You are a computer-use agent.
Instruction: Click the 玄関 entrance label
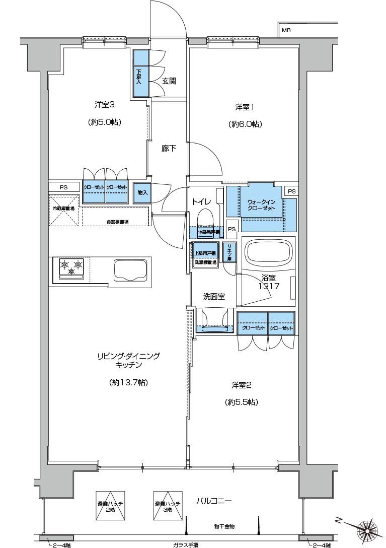pos(169,81)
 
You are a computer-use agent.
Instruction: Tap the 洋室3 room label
pos(106,105)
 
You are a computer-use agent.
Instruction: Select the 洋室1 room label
pos(245,107)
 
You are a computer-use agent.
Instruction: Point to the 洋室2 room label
pos(241,385)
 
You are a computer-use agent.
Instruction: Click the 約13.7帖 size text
pos(128,383)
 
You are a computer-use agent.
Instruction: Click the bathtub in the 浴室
pos(268,252)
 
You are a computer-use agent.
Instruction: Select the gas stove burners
pos(70,267)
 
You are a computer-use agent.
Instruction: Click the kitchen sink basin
pos(130,270)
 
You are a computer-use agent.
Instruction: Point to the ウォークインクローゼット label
pos(261,205)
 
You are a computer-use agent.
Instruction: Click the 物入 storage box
pos(142,192)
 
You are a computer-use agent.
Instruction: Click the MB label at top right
pos(286,30)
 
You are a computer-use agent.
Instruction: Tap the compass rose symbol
pos(367,529)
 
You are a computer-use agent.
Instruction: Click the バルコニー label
pos(214,501)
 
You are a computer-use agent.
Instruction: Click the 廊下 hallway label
pos(169,149)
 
